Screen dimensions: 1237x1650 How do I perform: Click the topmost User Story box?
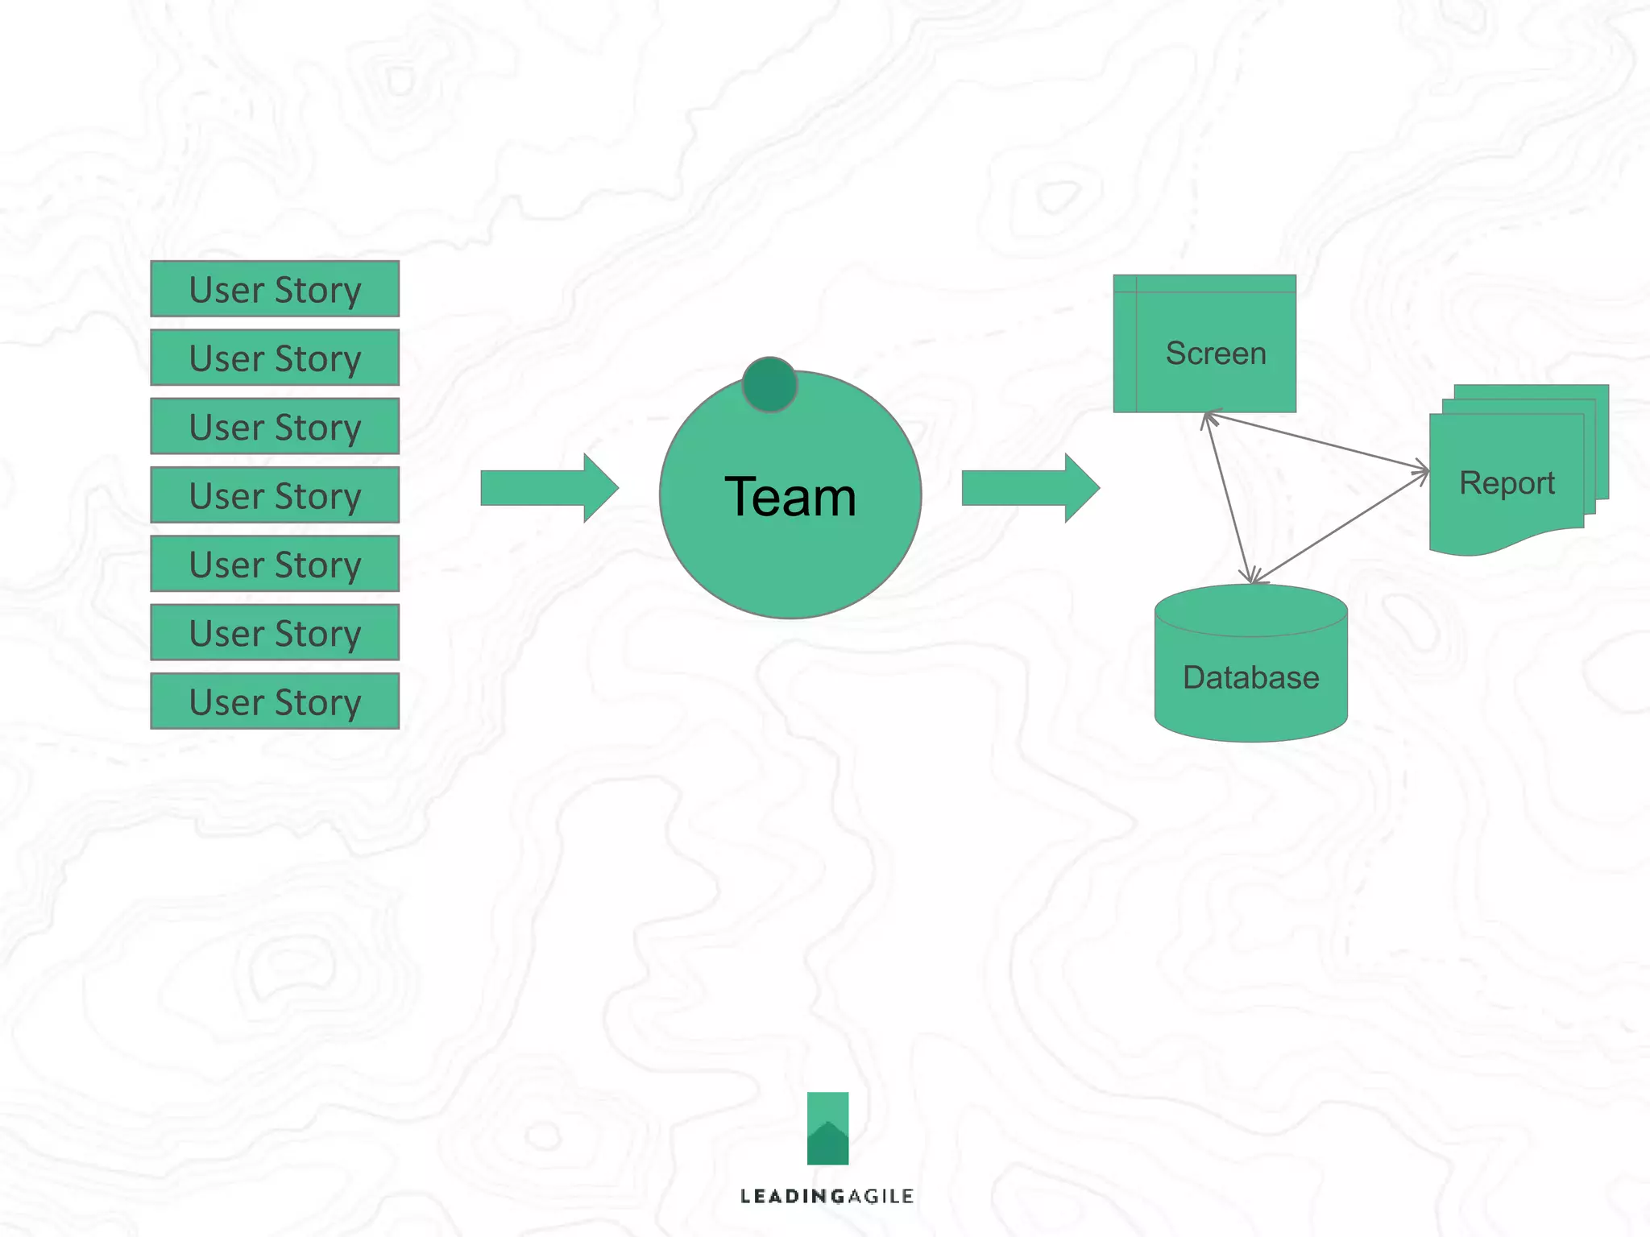pyautogui.click(x=275, y=289)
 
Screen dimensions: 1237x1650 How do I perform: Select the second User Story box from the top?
pyautogui.click(x=275, y=358)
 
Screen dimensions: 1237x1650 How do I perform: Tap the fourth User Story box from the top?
pyautogui.click(x=275, y=495)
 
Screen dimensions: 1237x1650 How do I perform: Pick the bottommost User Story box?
pyautogui.click(x=275, y=701)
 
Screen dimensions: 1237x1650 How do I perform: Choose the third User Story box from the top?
pyautogui.click(x=275, y=427)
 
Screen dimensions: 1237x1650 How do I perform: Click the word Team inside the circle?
pyautogui.click(x=790, y=496)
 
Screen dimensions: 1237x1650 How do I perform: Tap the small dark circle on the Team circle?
pyautogui.click(x=769, y=384)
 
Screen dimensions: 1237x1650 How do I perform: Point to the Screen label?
pyautogui.click(x=1216, y=354)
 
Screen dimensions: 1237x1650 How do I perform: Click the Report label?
pyautogui.click(x=1507, y=483)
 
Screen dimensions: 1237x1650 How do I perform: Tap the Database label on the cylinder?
pyautogui.click(x=1250, y=677)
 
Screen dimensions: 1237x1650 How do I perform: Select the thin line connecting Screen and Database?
pyautogui.click(x=1229, y=497)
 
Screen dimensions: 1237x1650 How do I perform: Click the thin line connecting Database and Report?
pyautogui.click(x=1341, y=527)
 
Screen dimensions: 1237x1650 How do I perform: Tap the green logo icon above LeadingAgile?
pyautogui.click(x=827, y=1127)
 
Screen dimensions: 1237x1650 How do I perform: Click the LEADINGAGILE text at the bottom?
pyautogui.click(x=827, y=1196)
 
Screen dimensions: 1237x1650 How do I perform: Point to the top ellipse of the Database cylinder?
pyautogui.click(x=1250, y=610)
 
